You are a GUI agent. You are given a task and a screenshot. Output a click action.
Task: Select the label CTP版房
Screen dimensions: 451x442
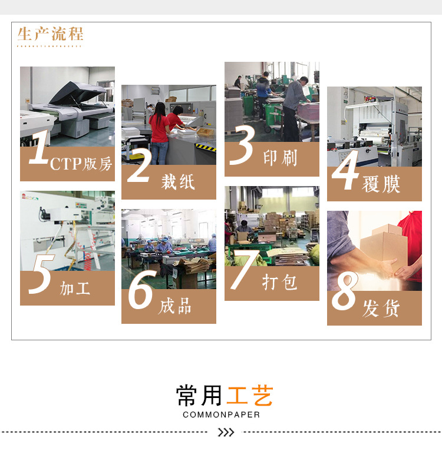click(x=81, y=164)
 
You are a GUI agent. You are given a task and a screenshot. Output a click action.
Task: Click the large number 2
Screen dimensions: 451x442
click(x=139, y=165)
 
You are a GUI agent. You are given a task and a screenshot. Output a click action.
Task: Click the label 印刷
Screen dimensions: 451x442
click(x=280, y=158)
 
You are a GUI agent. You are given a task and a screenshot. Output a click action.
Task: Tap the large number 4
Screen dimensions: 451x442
click(x=345, y=171)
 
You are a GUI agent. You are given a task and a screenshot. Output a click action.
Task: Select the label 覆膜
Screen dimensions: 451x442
click(x=381, y=184)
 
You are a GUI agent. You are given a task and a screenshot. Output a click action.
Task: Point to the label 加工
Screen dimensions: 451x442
click(x=75, y=288)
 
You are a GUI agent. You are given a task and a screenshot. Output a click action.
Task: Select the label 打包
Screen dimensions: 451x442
click(x=280, y=282)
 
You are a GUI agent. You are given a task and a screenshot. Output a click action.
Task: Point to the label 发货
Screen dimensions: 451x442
click(x=381, y=308)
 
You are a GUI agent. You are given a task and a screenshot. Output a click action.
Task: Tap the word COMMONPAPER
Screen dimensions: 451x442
click(x=221, y=414)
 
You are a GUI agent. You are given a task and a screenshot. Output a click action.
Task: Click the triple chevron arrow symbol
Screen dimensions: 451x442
click(x=226, y=433)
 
